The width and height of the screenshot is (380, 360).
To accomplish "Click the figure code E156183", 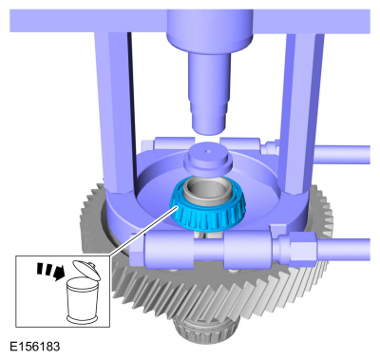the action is [35, 347].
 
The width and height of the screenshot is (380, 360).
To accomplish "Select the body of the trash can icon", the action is [81, 300].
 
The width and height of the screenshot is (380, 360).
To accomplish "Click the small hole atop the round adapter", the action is [208, 151].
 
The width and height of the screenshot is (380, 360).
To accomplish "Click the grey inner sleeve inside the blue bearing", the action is [207, 192].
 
